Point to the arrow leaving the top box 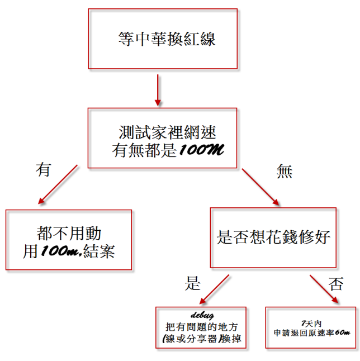[158, 90]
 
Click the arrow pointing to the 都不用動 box [58, 184]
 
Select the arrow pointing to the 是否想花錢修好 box [260, 187]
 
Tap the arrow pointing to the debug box [214, 289]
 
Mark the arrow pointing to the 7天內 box [324, 289]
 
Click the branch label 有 [43, 169]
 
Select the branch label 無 [285, 171]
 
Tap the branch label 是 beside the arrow [193, 283]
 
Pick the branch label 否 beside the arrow [336, 284]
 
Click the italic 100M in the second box [201, 150]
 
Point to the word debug [202, 315]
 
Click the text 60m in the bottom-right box [343, 332]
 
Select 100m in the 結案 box [61, 251]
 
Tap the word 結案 [99, 251]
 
